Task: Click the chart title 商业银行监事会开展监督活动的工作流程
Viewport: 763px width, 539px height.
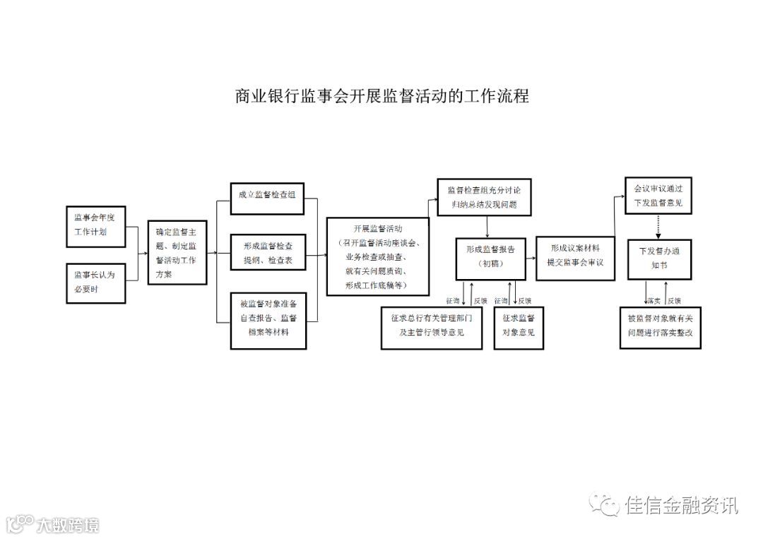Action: pyautogui.click(x=381, y=96)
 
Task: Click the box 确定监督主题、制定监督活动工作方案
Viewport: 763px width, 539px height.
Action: pyautogui.click(x=177, y=252)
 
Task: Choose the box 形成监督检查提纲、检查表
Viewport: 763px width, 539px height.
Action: pyautogui.click(x=268, y=253)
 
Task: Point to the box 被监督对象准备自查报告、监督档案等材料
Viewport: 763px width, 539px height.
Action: pyautogui.click(x=268, y=319)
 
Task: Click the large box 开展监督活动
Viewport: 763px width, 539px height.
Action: pyautogui.click(x=377, y=256)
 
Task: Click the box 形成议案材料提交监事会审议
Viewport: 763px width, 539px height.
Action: pyautogui.click(x=574, y=255)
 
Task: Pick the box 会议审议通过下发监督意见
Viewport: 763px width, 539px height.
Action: pyautogui.click(x=658, y=196)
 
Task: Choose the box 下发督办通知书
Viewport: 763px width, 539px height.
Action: pyautogui.click(x=658, y=259)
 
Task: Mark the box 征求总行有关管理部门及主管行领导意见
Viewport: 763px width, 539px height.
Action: pyautogui.click(x=432, y=327)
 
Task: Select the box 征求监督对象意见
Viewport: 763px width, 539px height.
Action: pyautogui.click(x=519, y=327)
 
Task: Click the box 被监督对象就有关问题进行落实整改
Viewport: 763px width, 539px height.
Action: pyautogui.click(x=660, y=327)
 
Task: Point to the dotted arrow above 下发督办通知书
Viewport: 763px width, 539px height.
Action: pyautogui.click(x=658, y=227)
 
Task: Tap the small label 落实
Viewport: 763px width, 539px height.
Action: pyautogui.click(x=653, y=300)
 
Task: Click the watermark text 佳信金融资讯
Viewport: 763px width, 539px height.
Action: pyautogui.click(x=681, y=505)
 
